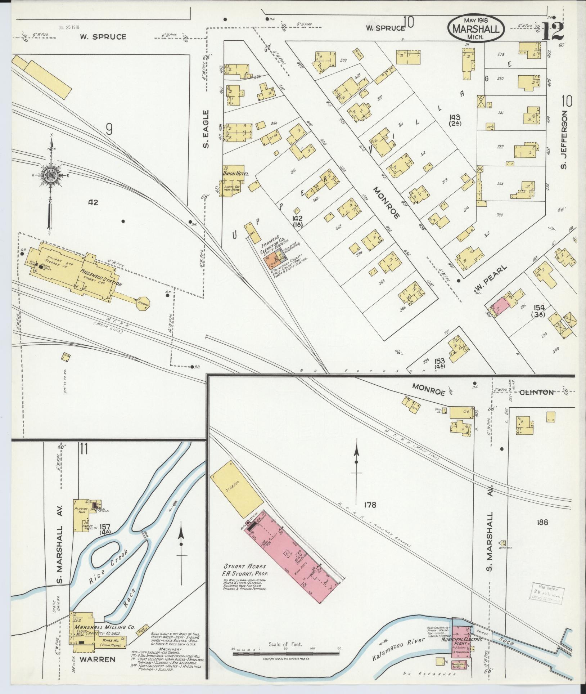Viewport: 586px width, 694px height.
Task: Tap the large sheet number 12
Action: pos(552,32)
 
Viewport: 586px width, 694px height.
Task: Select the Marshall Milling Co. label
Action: pos(104,627)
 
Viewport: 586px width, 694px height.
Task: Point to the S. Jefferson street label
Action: pos(564,139)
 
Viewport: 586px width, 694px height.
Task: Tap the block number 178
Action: pos(370,505)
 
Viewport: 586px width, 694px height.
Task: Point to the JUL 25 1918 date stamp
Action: pos(68,27)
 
